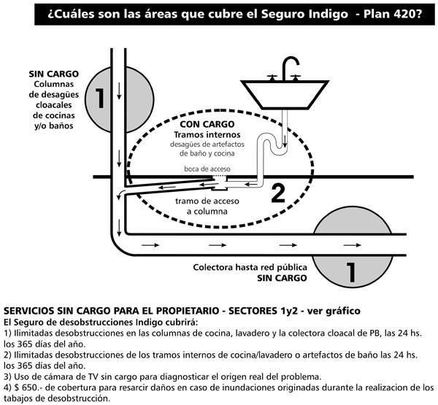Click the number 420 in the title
[404, 14]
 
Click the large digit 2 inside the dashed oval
[278, 193]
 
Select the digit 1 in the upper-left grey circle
[100, 98]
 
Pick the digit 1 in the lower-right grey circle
[350, 272]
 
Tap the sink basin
[285, 94]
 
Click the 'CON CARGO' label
[207, 124]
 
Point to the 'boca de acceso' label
[207, 169]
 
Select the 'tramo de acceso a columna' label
[207, 206]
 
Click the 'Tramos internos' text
[207, 134]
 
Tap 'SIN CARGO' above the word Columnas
[54, 74]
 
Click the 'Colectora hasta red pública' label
[250, 267]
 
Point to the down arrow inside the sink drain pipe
[285, 141]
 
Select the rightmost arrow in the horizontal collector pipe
[352, 245]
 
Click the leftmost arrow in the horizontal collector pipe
[150, 245]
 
